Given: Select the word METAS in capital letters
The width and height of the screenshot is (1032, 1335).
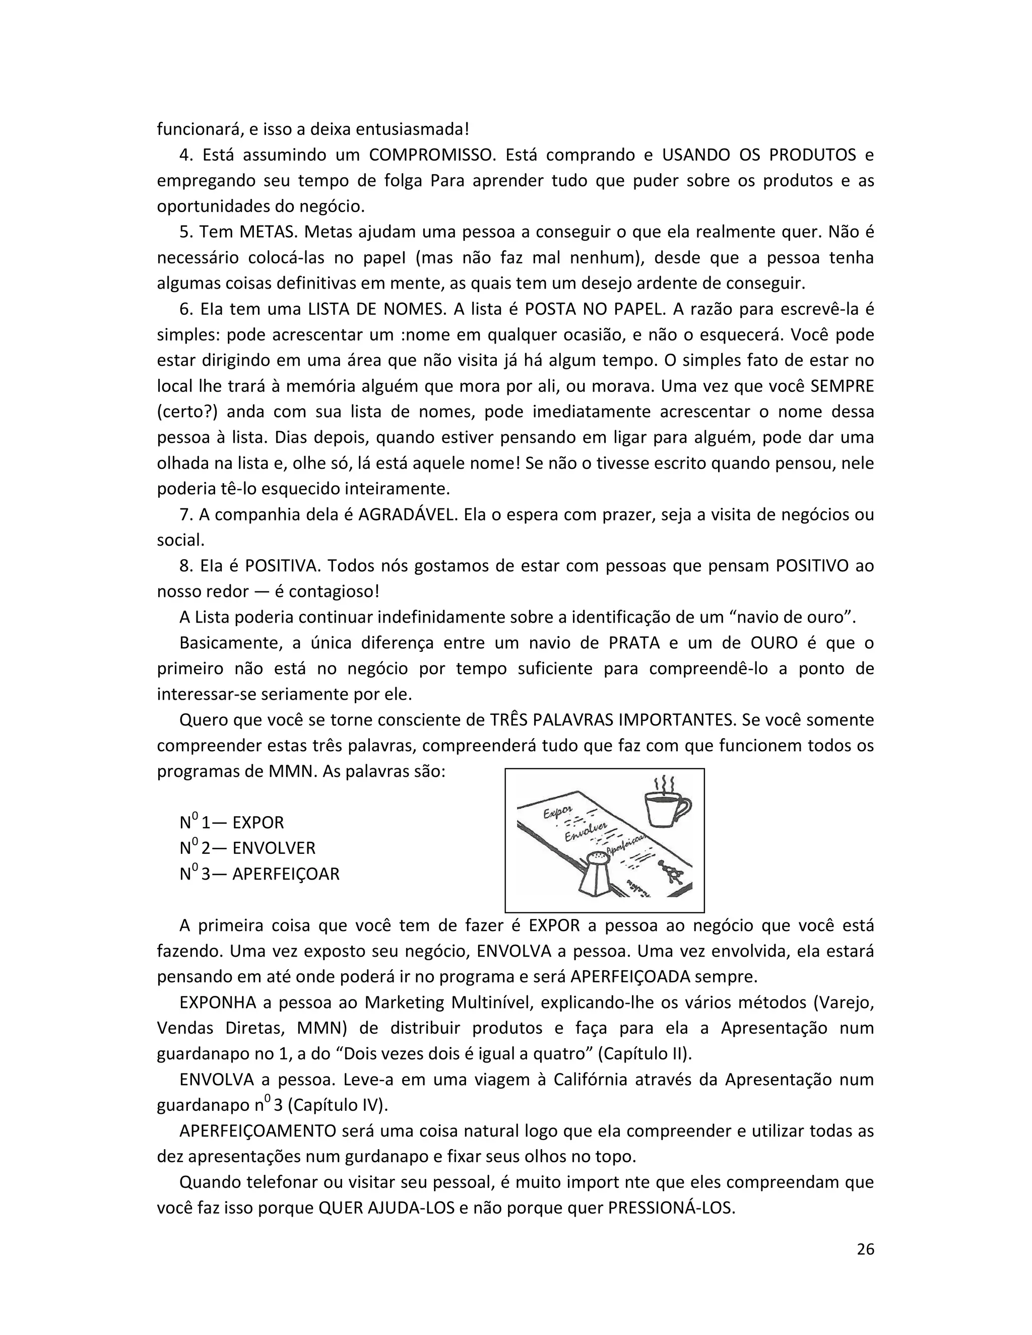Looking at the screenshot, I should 267,232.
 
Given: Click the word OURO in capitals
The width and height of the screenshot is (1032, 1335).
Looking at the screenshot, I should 773,643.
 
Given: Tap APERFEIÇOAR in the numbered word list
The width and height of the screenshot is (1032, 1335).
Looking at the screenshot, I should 286,874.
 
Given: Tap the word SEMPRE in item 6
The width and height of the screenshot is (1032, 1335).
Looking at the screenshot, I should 842,386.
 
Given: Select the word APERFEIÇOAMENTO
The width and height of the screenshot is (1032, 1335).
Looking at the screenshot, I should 257,1131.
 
